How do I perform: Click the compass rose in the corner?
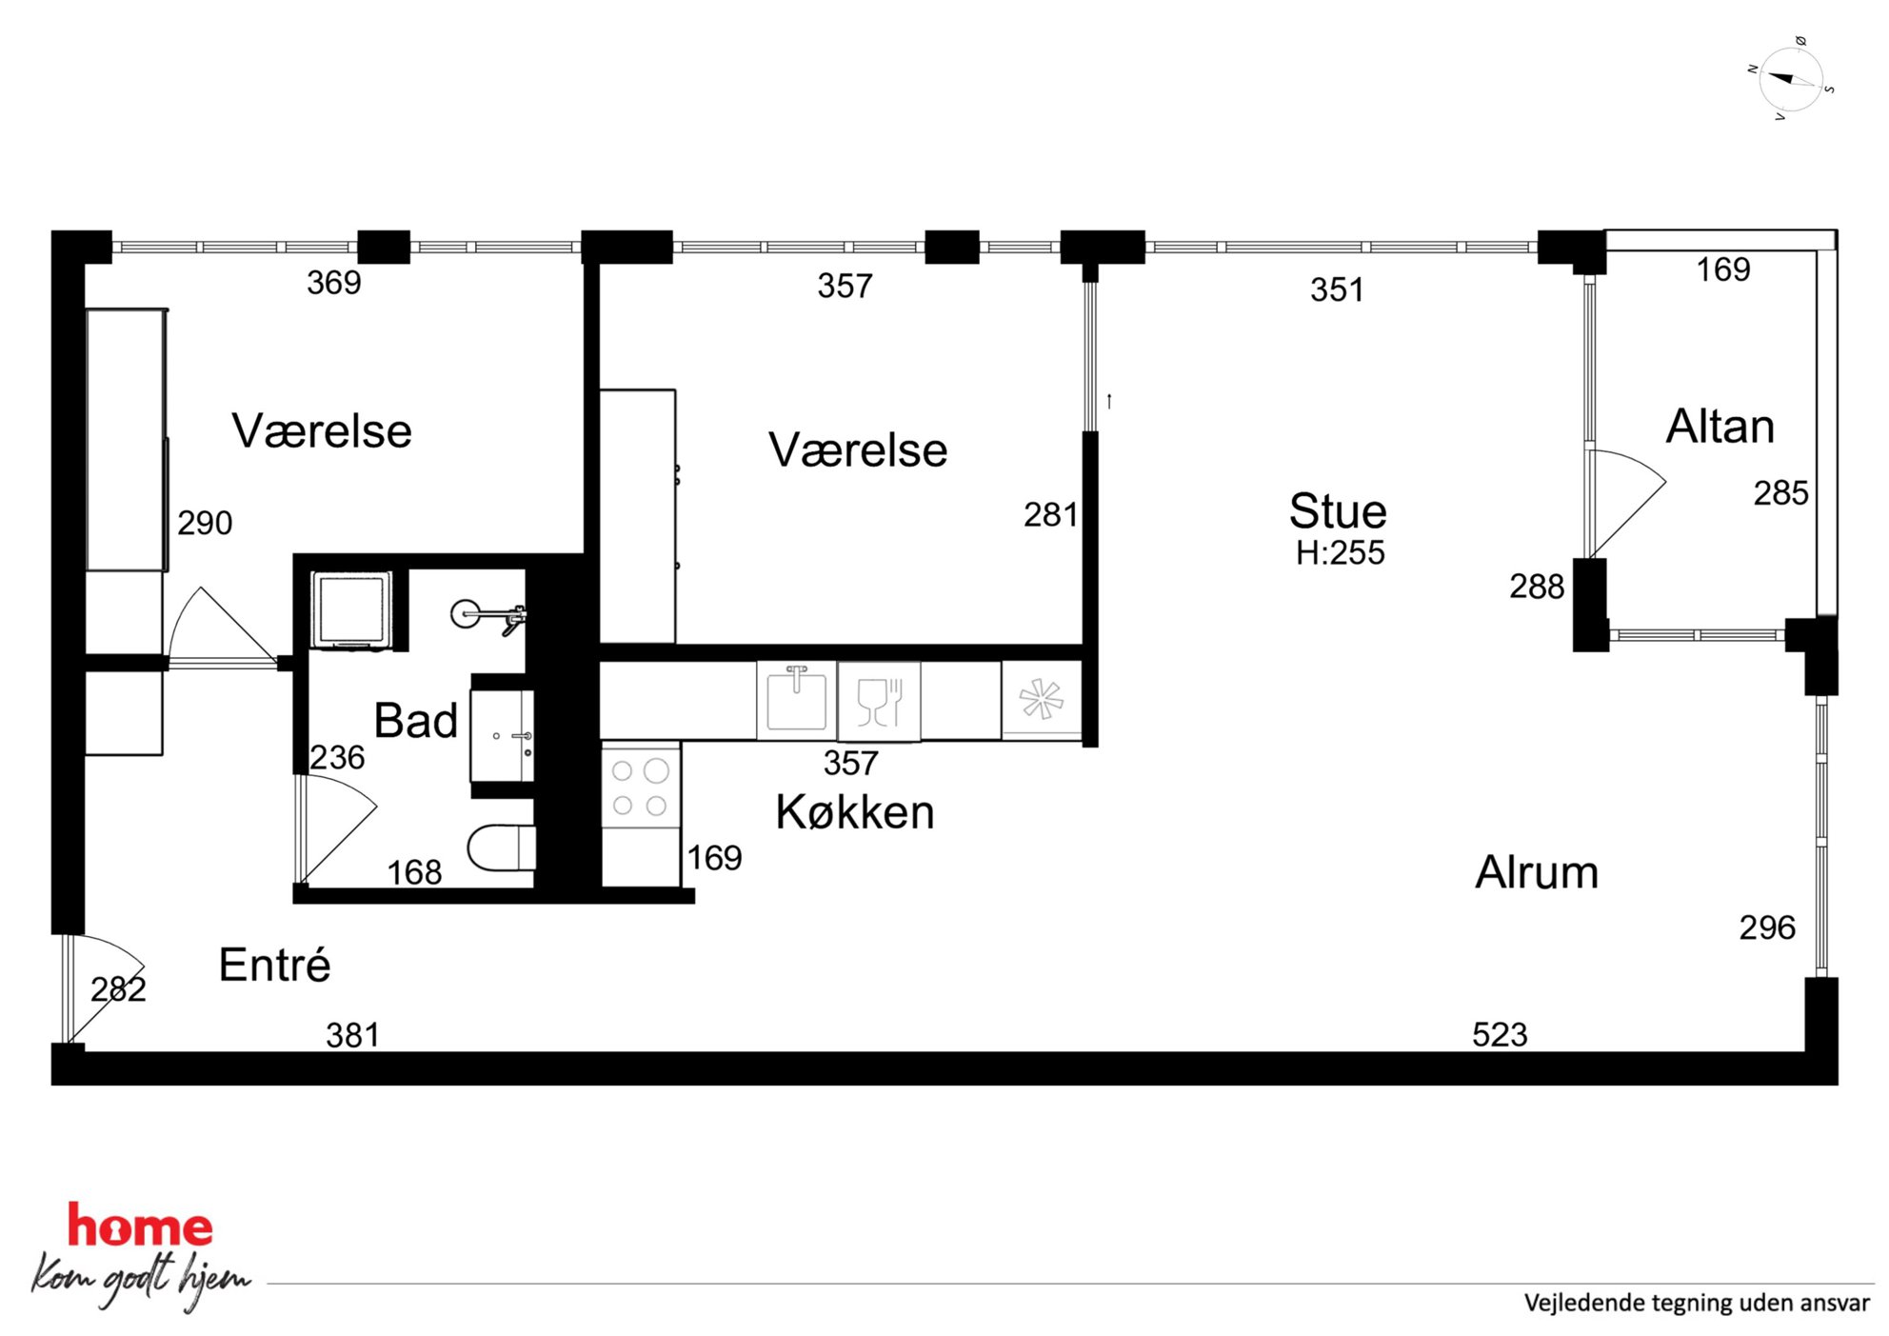click(x=1791, y=79)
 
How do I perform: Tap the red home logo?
click(x=140, y=1226)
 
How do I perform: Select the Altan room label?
click(x=1720, y=427)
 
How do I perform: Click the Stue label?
click(x=1338, y=511)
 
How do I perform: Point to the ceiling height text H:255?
click(x=1340, y=553)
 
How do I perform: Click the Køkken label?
click(x=855, y=812)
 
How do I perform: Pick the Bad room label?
click(x=415, y=721)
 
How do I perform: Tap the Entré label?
click(x=274, y=965)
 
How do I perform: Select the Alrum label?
click(x=1537, y=872)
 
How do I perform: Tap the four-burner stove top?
click(x=641, y=788)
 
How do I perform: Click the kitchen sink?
click(x=797, y=700)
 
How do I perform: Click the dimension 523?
click(x=1500, y=1035)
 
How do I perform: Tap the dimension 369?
click(x=333, y=283)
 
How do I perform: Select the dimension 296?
click(x=1767, y=927)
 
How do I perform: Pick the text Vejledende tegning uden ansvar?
click(x=1697, y=1303)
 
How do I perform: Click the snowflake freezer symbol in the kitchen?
click(x=1042, y=700)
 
